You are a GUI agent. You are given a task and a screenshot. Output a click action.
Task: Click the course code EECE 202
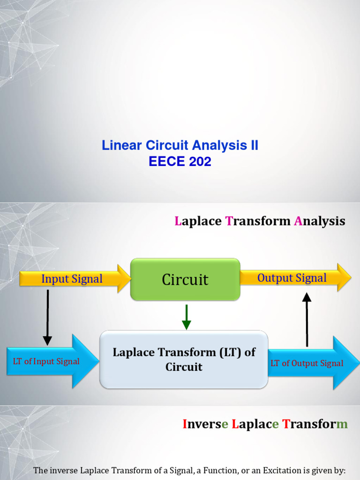[180, 162]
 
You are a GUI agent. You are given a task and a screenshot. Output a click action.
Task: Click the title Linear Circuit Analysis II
[180, 146]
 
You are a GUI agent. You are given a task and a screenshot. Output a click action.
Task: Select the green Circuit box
[185, 280]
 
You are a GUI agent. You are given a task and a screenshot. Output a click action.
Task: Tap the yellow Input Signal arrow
[73, 279]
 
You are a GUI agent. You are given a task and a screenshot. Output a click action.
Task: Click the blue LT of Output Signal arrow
[309, 363]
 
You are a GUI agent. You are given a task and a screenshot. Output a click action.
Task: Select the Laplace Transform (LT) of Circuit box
[184, 360]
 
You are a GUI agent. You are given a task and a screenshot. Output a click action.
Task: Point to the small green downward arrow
[187, 316]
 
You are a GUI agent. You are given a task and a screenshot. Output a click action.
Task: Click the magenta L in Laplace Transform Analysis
[178, 221]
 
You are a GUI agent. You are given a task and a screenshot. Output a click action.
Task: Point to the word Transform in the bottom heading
[315, 425]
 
